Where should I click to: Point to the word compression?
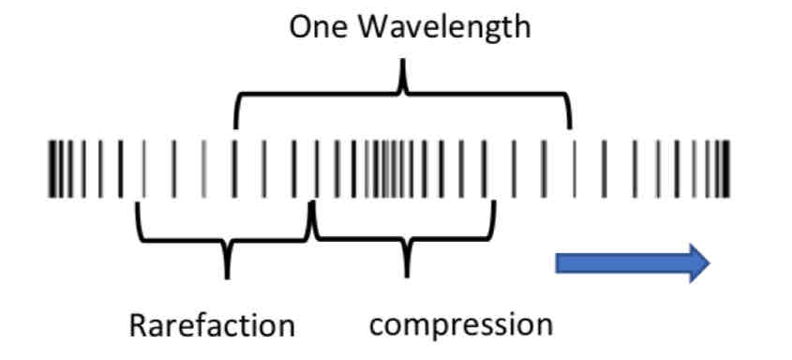coord(461,325)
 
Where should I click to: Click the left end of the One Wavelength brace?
coord(235,126)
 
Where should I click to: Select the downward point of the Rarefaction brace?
coord(227,275)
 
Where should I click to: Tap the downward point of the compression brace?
coord(406,274)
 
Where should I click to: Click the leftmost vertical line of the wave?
coord(50,169)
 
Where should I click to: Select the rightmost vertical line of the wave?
coord(727,169)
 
